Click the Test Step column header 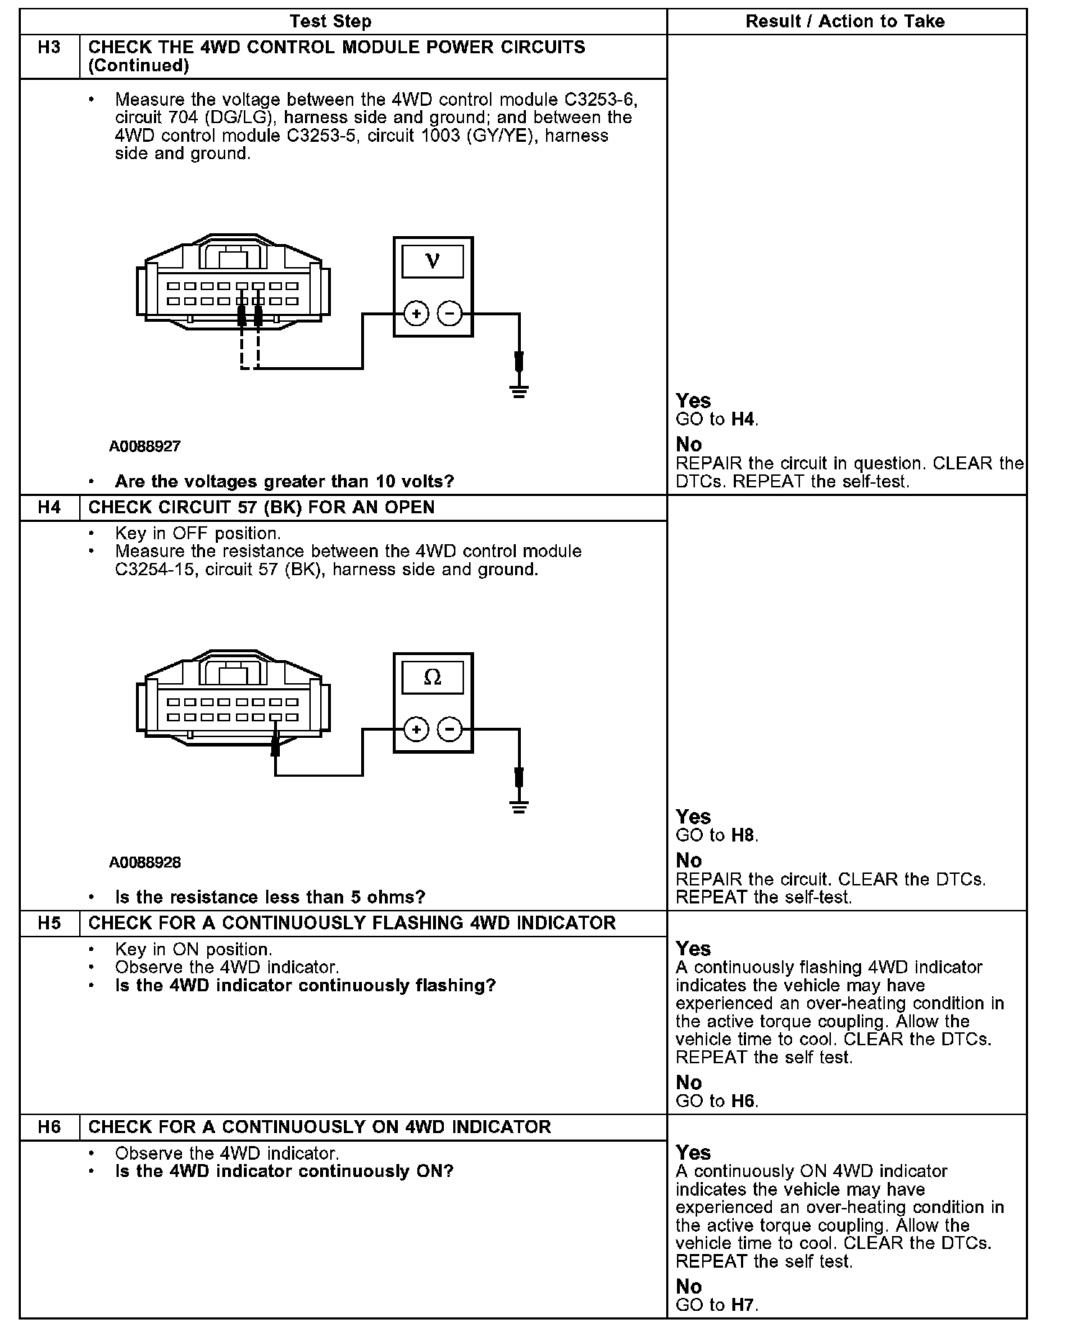click(x=330, y=22)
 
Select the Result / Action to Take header click(x=845, y=22)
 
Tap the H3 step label click(x=49, y=48)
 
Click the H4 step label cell click(x=49, y=508)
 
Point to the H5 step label click(x=49, y=924)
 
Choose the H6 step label click(x=49, y=1127)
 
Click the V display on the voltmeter click(x=432, y=261)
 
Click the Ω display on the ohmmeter click(x=432, y=677)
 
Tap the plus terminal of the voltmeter click(x=416, y=314)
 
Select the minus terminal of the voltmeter click(x=450, y=314)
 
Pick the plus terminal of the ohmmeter click(x=416, y=730)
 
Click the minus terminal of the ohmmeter click(x=450, y=730)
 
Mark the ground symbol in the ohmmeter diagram click(x=519, y=806)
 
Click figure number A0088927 click(x=145, y=446)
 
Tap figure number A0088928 click(x=145, y=862)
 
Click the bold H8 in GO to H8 click(x=743, y=836)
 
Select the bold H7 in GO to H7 click(x=743, y=1305)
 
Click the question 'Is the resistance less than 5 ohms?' click(x=270, y=898)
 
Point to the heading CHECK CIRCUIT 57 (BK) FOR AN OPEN click(x=261, y=508)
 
